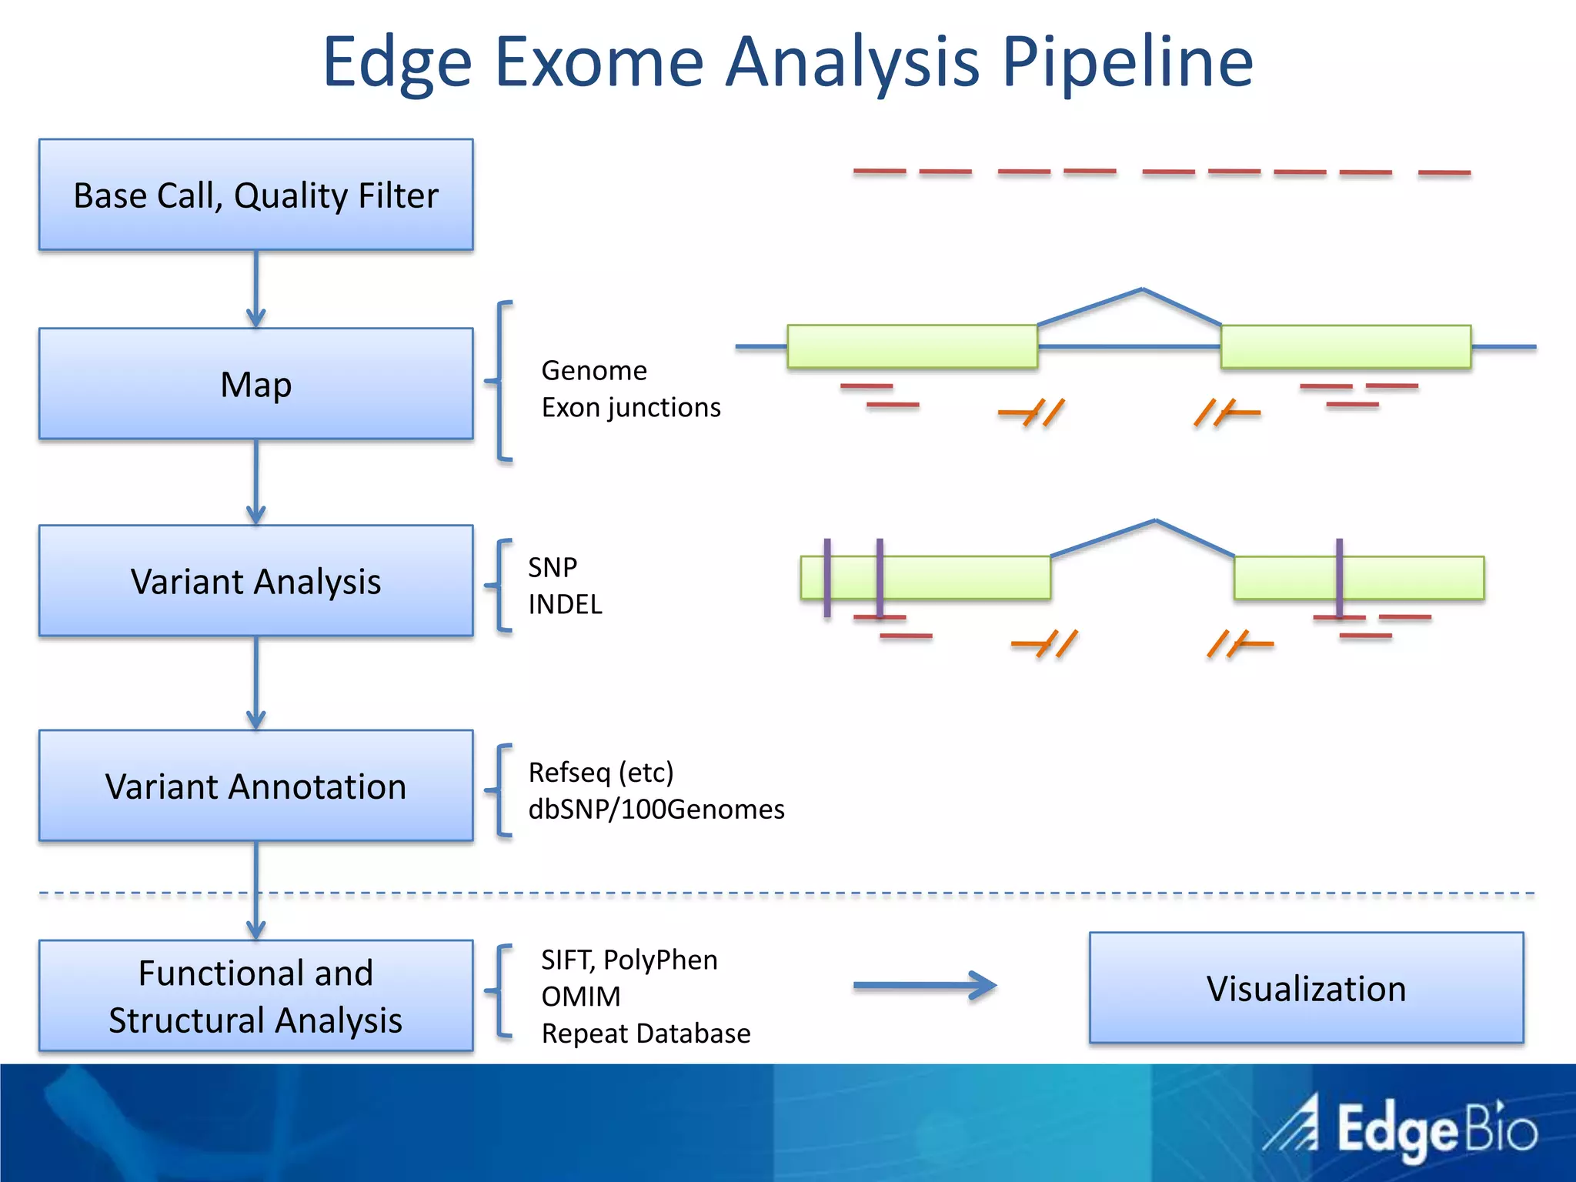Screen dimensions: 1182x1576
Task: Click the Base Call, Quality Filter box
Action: point(255,195)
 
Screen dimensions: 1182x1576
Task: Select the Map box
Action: point(255,384)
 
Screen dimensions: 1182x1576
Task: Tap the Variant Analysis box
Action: point(255,581)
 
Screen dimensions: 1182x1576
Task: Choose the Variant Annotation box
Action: point(255,786)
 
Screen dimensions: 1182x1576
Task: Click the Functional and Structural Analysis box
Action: point(255,996)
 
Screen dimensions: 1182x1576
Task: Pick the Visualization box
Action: point(1306,988)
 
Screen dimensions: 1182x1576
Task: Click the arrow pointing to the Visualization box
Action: point(923,986)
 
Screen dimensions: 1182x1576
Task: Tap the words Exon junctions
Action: point(631,407)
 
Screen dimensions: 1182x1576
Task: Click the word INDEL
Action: point(565,604)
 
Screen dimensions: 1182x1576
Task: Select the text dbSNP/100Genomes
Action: point(656,809)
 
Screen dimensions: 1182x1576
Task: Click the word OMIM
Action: point(581,997)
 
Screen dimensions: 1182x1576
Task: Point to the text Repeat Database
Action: point(646,1033)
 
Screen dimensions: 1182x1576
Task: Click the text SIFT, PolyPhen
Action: point(629,960)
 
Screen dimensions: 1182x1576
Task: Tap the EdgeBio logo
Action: point(1401,1129)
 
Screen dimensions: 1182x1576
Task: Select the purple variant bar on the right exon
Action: point(1339,577)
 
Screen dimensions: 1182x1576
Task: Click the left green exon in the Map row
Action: point(912,346)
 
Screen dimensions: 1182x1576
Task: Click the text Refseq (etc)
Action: point(600,772)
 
